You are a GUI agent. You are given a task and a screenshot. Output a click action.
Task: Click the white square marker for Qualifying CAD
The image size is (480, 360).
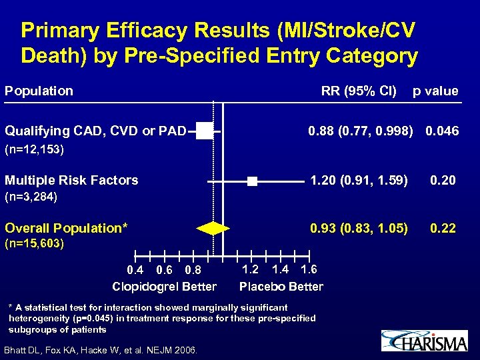tap(205, 131)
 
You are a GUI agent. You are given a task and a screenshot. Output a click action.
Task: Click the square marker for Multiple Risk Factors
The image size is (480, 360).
tap(251, 181)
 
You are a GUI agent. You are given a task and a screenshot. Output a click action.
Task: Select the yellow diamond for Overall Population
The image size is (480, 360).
tap(213, 228)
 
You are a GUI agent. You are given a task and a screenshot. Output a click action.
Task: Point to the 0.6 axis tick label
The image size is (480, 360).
tap(164, 270)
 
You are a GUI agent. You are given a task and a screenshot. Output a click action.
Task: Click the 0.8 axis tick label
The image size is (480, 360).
tap(193, 270)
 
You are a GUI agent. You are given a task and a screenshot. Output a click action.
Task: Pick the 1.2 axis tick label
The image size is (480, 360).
tap(250, 269)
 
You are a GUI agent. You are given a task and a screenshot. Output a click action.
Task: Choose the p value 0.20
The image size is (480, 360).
tap(443, 179)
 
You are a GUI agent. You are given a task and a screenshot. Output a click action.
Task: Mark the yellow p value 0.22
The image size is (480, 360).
tap(443, 229)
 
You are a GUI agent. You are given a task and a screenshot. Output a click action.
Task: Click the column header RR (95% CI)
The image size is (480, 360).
tap(359, 91)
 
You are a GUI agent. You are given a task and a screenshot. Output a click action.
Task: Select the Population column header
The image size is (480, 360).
tap(39, 91)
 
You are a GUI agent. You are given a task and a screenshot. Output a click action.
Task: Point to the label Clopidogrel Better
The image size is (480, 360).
tap(164, 287)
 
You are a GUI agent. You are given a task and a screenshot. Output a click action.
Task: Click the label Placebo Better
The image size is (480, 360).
tap(281, 287)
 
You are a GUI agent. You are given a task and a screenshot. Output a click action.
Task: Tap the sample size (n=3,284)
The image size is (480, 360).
tap(31, 197)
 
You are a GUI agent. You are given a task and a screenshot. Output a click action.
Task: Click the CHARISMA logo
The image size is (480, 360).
tap(424, 341)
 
